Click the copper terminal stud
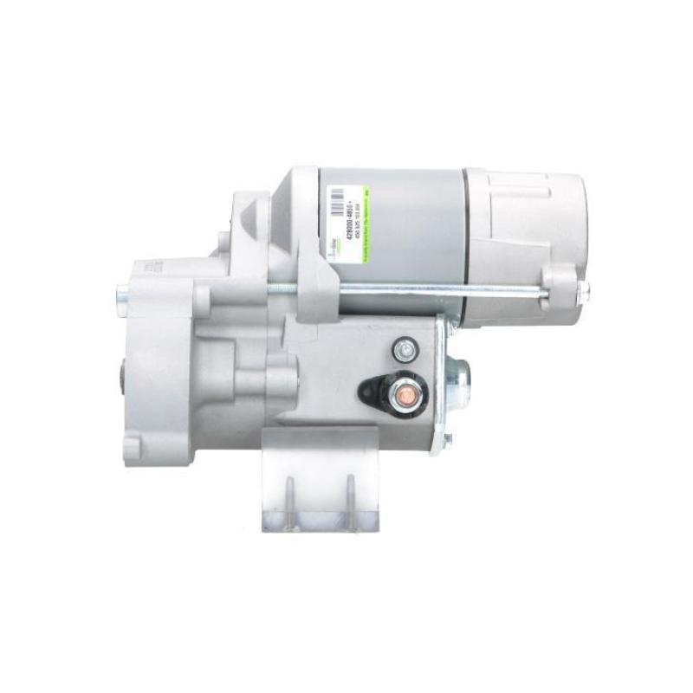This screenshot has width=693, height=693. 405,396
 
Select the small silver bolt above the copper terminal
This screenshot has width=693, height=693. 404,350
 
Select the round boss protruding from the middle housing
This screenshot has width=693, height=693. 277,378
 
